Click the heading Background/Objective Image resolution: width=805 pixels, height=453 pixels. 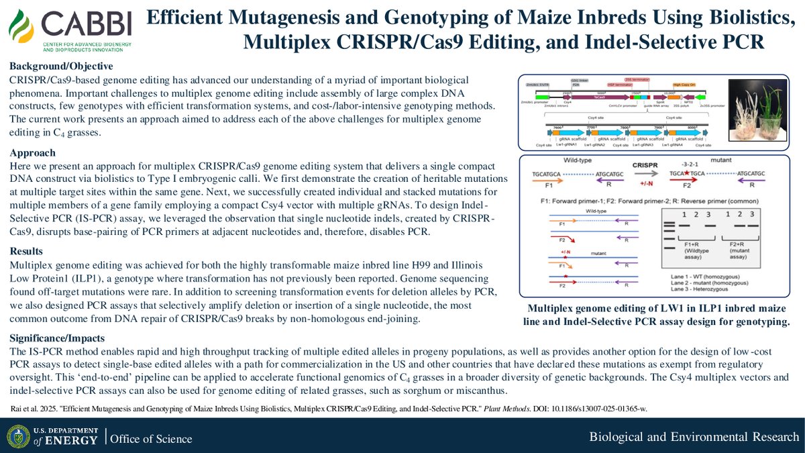[x=61, y=66]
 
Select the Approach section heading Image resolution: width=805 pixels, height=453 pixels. [x=33, y=152]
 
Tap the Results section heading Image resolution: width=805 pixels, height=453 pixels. [x=28, y=251]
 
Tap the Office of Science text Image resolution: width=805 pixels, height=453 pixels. [x=151, y=439]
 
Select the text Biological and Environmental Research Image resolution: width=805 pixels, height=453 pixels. [x=694, y=438]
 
